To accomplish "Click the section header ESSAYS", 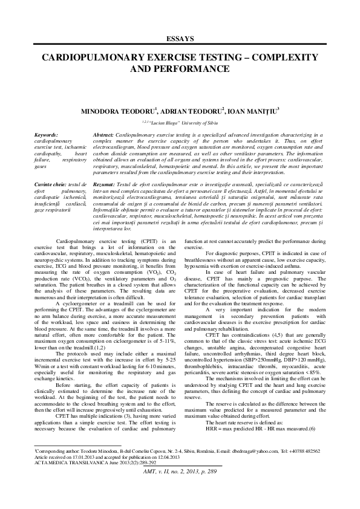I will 180,39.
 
